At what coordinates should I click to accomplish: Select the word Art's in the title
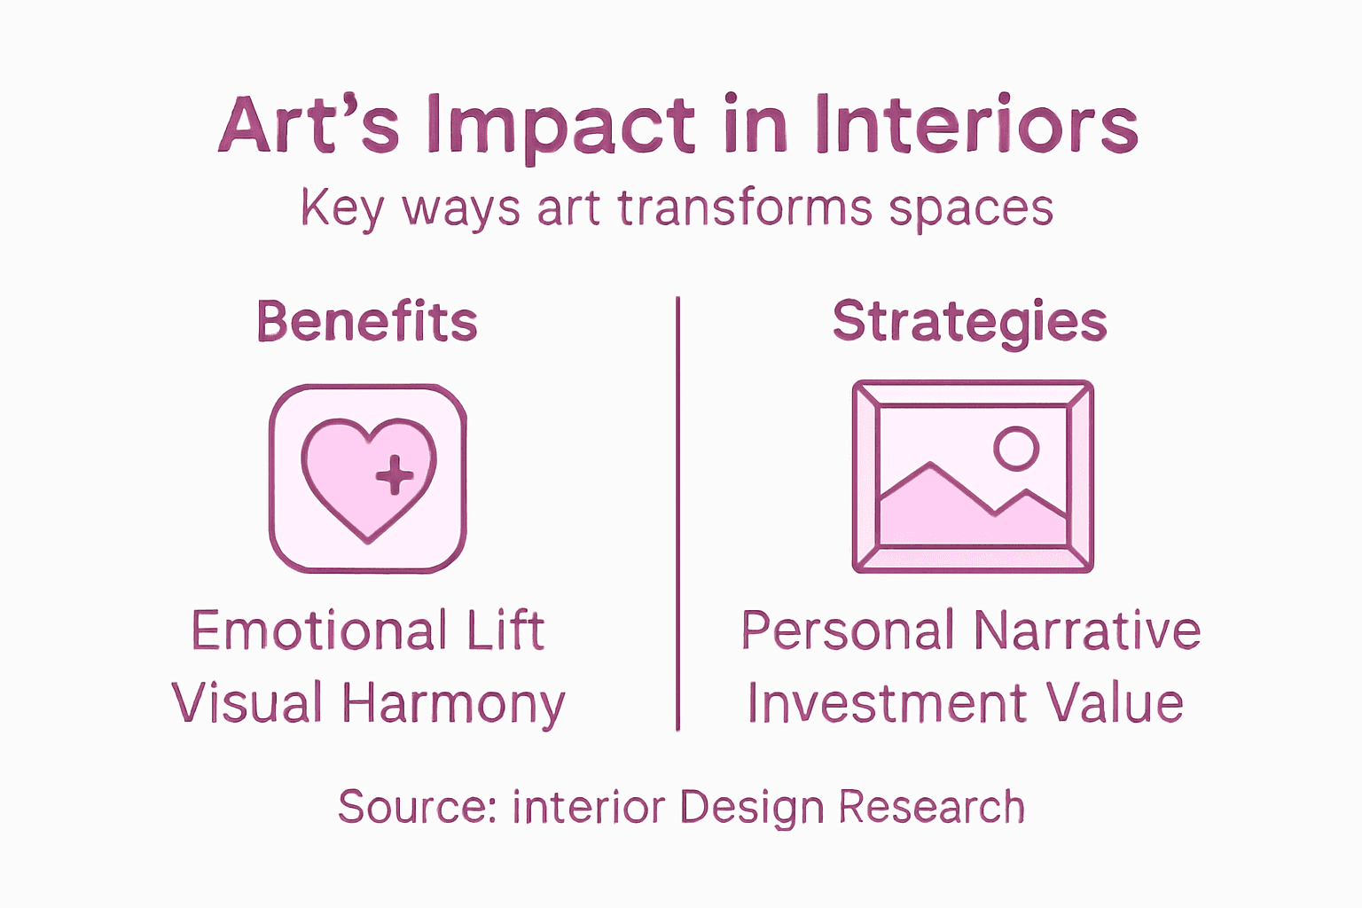[309, 126]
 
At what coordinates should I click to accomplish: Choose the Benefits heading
[367, 321]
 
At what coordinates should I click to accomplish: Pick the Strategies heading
[970, 321]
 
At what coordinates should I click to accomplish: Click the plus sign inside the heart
[395, 475]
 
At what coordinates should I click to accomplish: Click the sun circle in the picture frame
[1016, 449]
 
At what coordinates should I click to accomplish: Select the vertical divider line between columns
[678, 514]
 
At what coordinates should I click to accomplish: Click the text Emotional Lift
[367, 631]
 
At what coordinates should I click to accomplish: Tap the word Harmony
[453, 704]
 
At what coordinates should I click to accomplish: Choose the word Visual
[247, 703]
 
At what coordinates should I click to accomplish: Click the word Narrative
[1087, 631]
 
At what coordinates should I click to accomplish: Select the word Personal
[847, 631]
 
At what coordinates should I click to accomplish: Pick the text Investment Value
[965, 703]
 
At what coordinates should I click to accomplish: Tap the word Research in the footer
[931, 807]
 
